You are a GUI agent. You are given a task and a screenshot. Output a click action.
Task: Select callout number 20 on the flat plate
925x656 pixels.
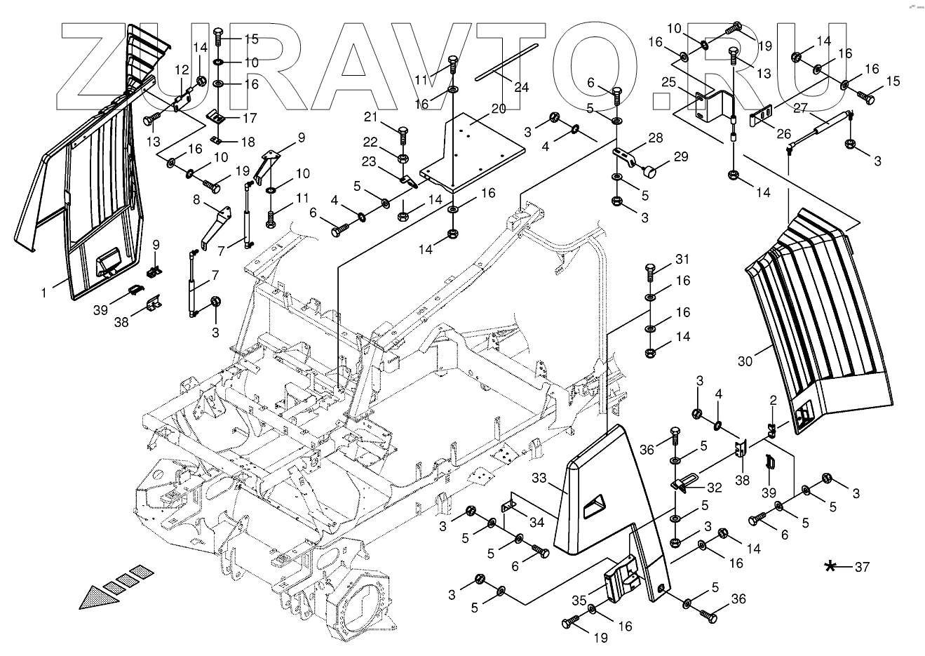click(x=498, y=109)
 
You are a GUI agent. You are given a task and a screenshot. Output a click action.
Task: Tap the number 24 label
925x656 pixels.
click(x=521, y=88)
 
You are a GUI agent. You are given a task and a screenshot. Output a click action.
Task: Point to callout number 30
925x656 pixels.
click(x=745, y=361)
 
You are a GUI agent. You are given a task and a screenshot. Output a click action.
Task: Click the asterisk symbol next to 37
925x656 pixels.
click(x=831, y=566)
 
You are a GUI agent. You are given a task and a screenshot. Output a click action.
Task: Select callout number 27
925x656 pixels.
click(x=802, y=108)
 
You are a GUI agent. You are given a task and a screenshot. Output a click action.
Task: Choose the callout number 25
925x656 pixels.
click(x=669, y=83)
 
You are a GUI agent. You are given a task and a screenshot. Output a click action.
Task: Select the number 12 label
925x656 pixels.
click(x=182, y=70)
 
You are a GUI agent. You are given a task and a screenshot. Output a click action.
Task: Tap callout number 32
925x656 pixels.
click(x=714, y=487)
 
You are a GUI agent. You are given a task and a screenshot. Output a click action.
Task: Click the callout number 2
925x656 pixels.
click(x=773, y=401)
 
